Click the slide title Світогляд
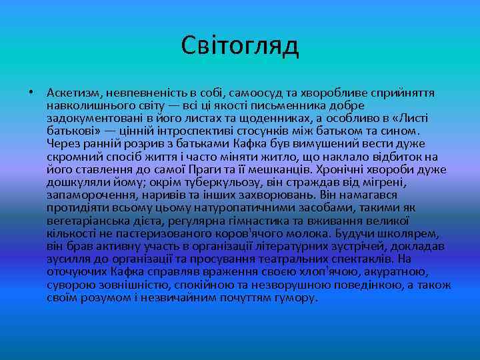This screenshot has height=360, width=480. tap(240, 46)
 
